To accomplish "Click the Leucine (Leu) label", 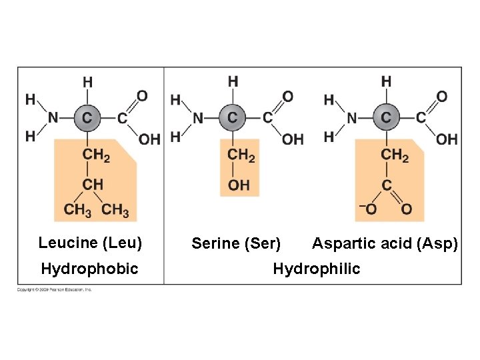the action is [x=90, y=243].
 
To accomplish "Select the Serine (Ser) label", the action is [x=236, y=244].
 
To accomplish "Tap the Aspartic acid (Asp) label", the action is [x=385, y=244].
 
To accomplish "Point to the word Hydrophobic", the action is [x=89, y=269].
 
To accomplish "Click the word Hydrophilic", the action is [x=316, y=269].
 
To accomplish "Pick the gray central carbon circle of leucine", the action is [x=87, y=118].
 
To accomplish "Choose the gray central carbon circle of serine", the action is [x=232, y=117].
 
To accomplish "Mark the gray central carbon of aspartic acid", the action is [x=386, y=118].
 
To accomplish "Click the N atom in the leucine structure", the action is [x=53, y=118].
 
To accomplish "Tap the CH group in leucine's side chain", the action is [x=93, y=183].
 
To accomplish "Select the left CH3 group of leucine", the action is [x=77, y=210].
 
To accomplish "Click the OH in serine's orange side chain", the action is [x=239, y=184].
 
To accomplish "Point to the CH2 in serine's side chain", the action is [x=241, y=155].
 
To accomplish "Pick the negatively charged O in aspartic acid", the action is [x=370, y=209].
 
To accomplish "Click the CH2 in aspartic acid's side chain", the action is [x=395, y=155].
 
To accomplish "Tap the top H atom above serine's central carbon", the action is [x=233, y=81].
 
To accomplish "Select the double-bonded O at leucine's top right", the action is [x=142, y=96].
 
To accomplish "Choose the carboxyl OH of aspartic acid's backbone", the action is [x=447, y=139].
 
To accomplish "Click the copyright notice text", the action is [x=55, y=289].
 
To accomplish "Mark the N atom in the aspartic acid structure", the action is [x=351, y=118].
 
